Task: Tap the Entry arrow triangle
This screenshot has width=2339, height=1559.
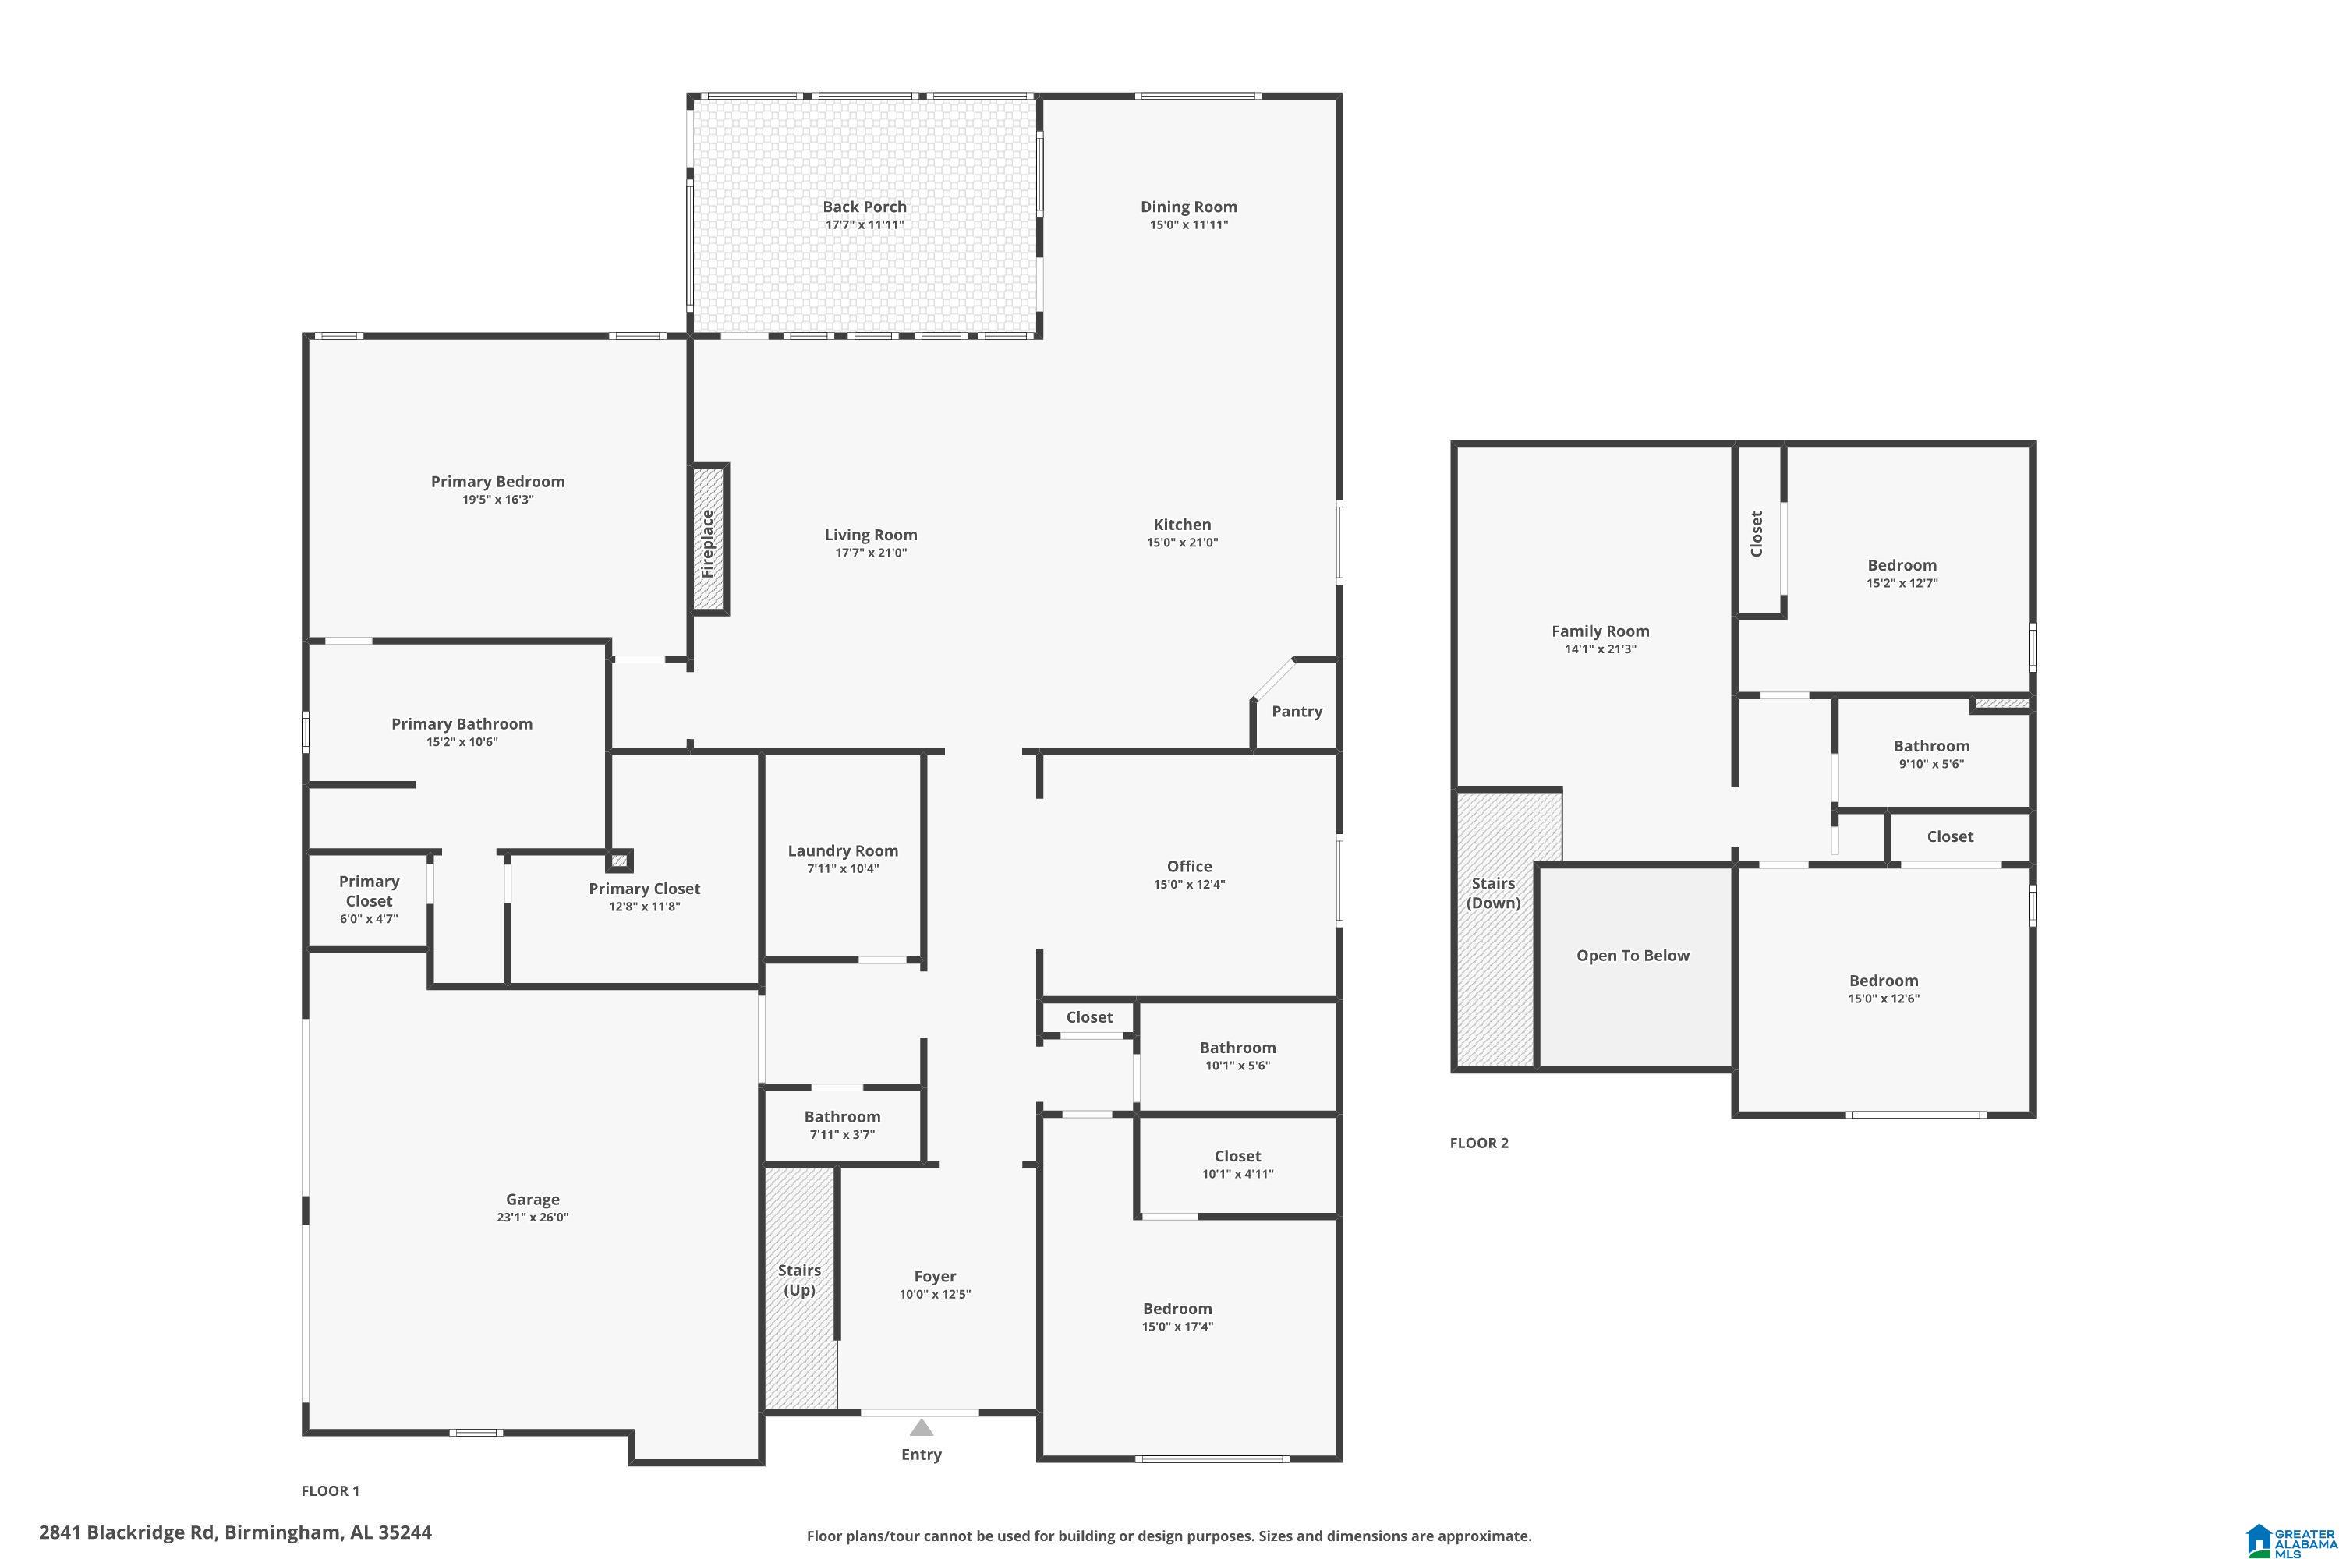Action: [922, 1428]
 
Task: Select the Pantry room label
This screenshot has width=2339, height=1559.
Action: [1297, 711]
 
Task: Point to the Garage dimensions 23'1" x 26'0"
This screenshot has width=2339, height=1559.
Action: [533, 1217]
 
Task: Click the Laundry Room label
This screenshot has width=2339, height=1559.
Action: [844, 851]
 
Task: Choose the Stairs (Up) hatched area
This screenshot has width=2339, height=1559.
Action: [801, 1289]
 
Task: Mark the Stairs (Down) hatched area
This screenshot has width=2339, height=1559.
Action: [1495, 927]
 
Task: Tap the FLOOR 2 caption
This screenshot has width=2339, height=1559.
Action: [1479, 1144]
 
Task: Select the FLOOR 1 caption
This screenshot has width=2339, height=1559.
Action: [330, 1490]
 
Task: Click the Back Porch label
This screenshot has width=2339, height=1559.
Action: [864, 207]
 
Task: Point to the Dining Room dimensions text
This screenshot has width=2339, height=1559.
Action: [1190, 224]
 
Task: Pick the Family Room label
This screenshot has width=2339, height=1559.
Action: [1600, 631]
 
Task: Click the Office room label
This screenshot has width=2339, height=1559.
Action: [1190, 867]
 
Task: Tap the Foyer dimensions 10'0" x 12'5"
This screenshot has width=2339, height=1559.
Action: [935, 1295]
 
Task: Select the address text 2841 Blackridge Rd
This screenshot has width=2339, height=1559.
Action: [127, 1532]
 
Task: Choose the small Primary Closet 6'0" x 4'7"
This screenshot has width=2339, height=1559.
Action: [369, 900]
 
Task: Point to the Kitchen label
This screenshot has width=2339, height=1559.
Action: [1183, 525]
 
